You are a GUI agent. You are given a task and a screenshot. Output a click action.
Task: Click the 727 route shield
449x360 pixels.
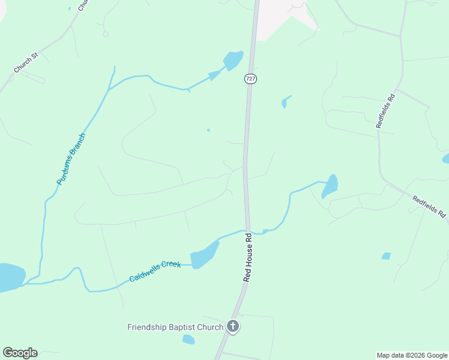pos(251,79)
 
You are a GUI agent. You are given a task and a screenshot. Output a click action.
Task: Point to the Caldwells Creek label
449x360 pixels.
pos(155,272)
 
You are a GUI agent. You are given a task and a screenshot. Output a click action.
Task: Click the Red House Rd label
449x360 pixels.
pos(247,258)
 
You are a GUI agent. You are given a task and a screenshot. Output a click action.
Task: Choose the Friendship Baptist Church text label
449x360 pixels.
pos(175,327)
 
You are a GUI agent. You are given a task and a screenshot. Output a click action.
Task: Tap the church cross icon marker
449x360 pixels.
pos(233,327)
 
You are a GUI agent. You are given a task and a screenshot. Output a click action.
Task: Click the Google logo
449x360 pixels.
pos(20,353)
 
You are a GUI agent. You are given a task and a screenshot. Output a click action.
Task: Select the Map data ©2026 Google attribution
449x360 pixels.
pos(412,355)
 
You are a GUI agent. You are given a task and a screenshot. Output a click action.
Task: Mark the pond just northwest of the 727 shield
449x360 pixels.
pos(233,60)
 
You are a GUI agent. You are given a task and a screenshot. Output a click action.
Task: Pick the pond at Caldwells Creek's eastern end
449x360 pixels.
pos(330,185)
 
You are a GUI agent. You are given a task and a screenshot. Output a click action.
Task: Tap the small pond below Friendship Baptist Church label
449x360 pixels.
pos(188,340)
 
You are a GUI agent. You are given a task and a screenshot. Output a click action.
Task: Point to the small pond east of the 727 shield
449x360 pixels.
pos(285,102)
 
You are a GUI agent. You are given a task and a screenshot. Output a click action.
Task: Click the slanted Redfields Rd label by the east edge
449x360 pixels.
pos(430,205)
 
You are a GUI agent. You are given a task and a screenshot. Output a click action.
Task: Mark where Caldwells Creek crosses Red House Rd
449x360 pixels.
pos(247,231)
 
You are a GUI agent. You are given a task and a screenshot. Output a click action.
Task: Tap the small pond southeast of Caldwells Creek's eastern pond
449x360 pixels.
pos(386,256)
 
